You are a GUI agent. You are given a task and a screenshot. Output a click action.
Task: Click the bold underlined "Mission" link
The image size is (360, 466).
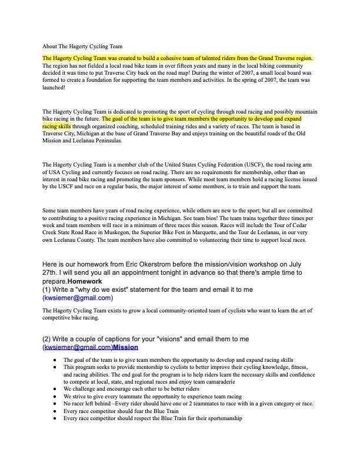click(125, 348)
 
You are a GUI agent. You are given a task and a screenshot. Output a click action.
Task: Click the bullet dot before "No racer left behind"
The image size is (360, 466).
click(55, 404)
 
